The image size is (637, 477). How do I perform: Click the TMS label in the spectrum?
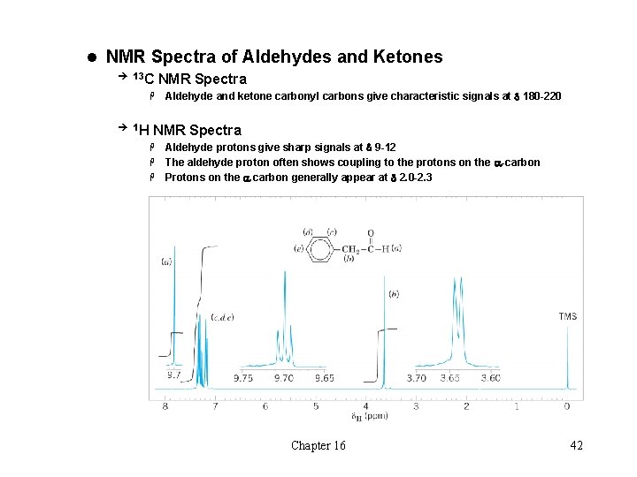(567, 316)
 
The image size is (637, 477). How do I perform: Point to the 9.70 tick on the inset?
(285, 378)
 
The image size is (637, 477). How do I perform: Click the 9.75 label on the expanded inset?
(243, 378)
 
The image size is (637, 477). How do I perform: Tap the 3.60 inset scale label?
(490, 378)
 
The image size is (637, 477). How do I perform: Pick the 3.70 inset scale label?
(416, 378)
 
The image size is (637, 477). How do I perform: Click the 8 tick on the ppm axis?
(165, 406)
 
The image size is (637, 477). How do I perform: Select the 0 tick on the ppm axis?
(567, 406)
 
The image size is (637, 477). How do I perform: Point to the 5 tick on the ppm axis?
(316, 406)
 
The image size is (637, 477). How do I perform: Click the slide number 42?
(576, 445)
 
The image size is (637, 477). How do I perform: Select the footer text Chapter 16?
(318, 445)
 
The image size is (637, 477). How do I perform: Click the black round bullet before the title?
(91, 57)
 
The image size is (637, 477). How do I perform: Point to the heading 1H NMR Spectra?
(187, 130)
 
